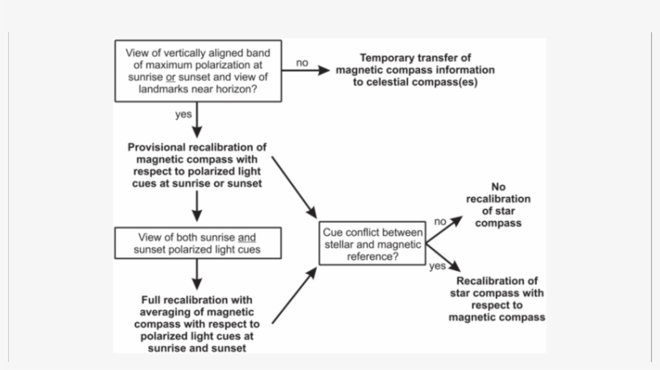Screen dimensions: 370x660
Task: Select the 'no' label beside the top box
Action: click(302, 62)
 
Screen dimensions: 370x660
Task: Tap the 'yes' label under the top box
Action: click(184, 114)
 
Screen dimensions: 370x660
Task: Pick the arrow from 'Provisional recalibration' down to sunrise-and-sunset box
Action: click(197, 207)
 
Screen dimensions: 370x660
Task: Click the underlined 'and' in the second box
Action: click(246, 238)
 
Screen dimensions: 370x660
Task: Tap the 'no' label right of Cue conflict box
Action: click(439, 221)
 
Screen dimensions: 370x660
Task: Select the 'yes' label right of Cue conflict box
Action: click(437, 266)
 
